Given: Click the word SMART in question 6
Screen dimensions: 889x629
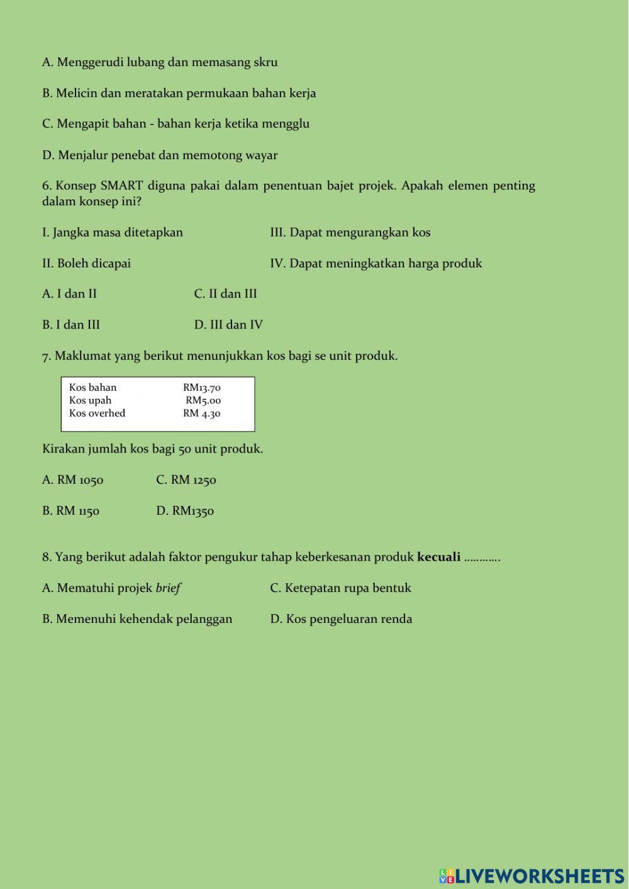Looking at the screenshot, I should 121,186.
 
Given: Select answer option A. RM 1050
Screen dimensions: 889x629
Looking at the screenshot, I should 72,480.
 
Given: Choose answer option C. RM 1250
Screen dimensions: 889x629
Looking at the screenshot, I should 186,480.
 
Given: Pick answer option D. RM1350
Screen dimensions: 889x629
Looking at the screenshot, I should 185,511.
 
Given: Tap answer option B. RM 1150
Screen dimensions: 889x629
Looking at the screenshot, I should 70,511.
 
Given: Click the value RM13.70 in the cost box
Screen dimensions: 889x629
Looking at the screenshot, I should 202,388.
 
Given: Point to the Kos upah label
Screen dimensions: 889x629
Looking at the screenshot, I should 90,400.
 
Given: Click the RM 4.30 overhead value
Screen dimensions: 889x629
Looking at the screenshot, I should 202,413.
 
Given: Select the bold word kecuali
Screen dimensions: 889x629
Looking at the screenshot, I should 438,557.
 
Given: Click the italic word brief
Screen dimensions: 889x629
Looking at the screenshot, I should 168,588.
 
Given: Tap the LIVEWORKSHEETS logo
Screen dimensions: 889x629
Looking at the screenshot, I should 532,876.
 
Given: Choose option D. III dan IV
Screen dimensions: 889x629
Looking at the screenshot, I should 228,325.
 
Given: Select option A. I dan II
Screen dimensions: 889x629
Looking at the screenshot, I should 69,294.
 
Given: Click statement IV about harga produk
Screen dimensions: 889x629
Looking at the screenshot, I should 376,264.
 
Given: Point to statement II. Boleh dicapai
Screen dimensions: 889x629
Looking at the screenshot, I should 86,264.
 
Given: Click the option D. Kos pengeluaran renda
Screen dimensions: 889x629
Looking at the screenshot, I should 341,619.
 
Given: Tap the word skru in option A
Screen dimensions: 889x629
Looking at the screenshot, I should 265,62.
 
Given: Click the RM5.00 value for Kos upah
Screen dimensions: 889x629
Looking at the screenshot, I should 203,401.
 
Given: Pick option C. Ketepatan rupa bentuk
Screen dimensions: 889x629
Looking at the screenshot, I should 340,588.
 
